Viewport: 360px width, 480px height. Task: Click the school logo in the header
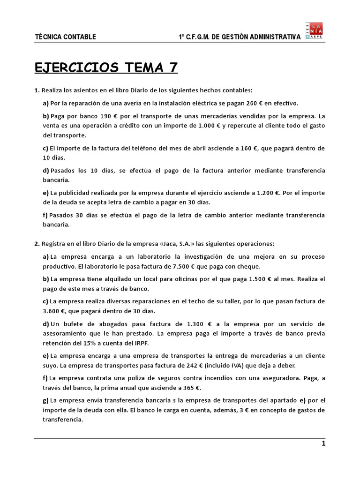(314, 31)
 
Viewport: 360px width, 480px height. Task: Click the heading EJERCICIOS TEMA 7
(106, 67)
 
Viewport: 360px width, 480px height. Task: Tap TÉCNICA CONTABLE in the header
(66, 37)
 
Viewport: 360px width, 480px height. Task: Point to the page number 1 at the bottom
(323, 443)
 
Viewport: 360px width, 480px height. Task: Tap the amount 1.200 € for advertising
(270, 193)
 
